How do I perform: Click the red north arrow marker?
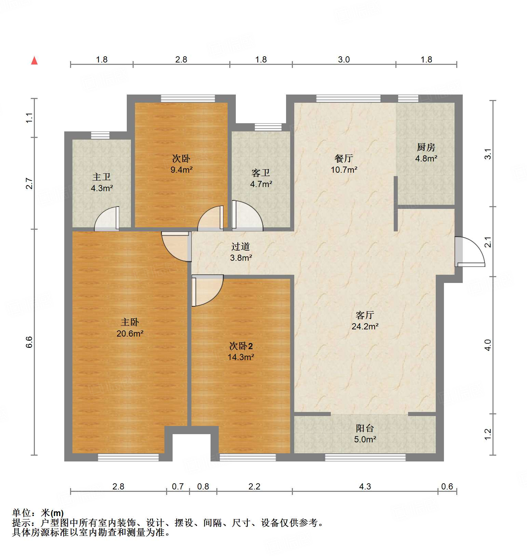[34, 60]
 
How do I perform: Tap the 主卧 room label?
[130, 322]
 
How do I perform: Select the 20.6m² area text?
[130, 333]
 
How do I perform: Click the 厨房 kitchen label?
[426, 147]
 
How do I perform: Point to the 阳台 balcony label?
[365, 428]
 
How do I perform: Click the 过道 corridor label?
[241, 246]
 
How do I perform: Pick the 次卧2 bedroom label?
[241, 346]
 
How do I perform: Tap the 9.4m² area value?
[181, 170]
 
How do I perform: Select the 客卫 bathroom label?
[261, 173]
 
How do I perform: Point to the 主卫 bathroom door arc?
[106, 218]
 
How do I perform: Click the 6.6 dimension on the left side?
[29, 342]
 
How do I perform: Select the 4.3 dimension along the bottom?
[365, 486]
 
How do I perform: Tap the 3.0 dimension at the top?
[344, 59]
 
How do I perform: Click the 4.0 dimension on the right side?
[488, 345]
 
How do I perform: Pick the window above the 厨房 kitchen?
[408, 99]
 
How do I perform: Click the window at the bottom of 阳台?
[365, 457]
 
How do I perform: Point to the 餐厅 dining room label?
[344, 158]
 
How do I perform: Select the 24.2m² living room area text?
[365, 326]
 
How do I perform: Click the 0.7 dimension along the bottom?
[178, 486]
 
